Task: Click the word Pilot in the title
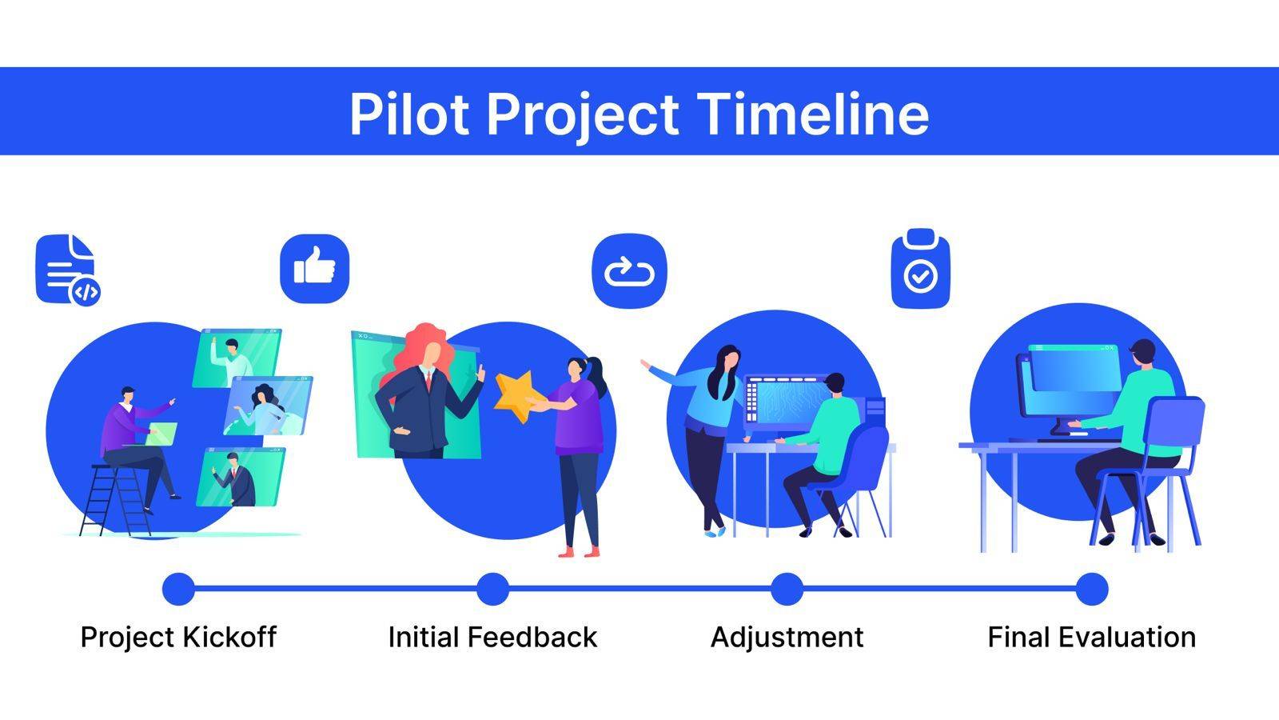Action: [408, 114]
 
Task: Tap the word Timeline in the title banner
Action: [813, 114]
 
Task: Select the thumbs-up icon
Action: [314, 269]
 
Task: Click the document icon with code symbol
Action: [68, 270]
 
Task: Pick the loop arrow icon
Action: [629, 271]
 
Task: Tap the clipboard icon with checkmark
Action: [920, 269]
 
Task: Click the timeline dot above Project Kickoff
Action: [179, 589]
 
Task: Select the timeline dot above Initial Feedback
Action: [492, 589]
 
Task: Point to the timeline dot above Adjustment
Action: [787, 589]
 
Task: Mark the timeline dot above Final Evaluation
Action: [1092, 589]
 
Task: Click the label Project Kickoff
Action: [179, 638]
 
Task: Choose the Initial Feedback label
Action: [492, 637]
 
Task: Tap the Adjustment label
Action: [787, 638]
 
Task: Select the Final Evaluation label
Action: [1092, 637]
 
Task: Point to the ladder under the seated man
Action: [115, 501]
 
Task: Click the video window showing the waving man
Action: [237, 358]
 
